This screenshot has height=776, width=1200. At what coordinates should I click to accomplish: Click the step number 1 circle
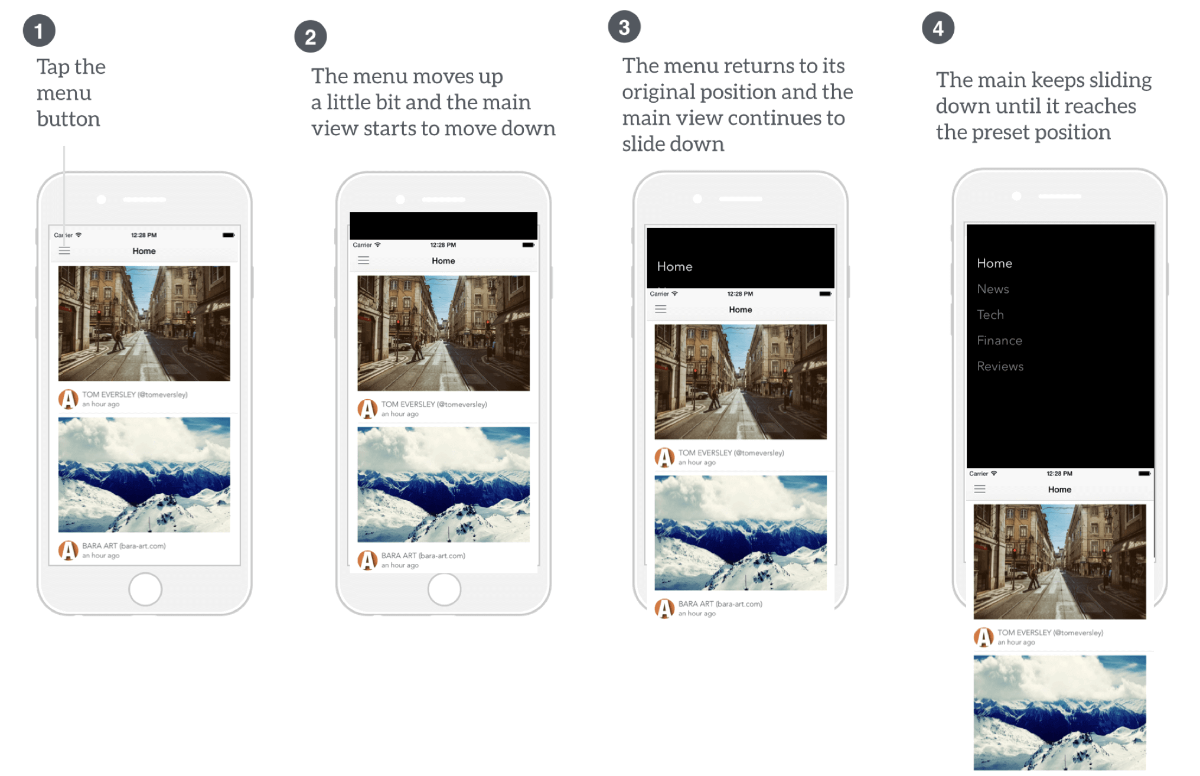tap(39, 31)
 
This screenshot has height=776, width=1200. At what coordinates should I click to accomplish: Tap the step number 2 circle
tap(311, 37)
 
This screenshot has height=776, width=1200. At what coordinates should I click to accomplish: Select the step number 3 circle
tap(624, 27)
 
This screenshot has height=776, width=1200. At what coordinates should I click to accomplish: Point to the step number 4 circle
tap(938, 28)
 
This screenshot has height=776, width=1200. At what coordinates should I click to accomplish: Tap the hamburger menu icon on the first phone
tap(64, 251)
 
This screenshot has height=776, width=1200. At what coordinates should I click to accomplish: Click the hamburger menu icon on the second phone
tap(364, 260)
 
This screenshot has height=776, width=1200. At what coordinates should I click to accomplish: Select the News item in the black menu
tap(993, 289)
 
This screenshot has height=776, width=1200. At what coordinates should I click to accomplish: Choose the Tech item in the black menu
tap(990, 315)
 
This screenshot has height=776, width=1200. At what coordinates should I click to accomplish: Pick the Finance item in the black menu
tap(999, 340)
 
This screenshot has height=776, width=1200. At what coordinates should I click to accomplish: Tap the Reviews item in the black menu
tap(1000, 366)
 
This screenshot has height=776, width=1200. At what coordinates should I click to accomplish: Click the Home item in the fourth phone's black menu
tap(994, 263)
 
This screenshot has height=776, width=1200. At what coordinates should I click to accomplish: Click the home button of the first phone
tap(145, 589)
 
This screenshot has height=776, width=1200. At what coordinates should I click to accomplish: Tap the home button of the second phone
tap(444, 589)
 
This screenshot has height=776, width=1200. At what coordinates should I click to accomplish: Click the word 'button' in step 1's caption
tap(69, 119)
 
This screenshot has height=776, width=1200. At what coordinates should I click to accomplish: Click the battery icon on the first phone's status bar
tap(229, 235)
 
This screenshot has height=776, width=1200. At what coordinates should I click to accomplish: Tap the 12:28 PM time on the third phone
tap(740, 294)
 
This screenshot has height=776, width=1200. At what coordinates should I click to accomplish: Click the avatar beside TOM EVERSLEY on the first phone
tap(69, 399)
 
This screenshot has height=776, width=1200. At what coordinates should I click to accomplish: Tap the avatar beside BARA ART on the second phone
tap(367, 560)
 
